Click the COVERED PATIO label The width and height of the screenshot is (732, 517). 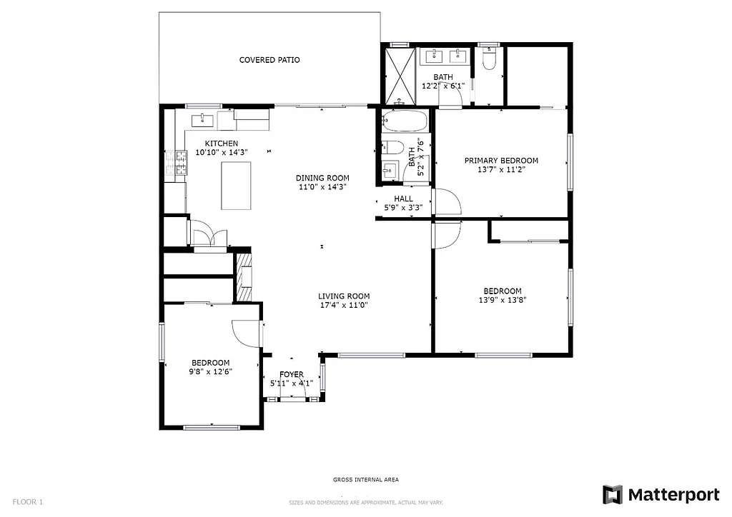269,60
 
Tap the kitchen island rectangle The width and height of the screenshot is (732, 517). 236,185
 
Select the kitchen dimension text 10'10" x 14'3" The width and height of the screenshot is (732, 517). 221,152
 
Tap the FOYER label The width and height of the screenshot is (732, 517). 291,374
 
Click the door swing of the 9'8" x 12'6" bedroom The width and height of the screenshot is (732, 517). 246,333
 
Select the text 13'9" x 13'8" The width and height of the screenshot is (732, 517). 502,301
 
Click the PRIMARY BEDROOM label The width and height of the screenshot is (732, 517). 501,161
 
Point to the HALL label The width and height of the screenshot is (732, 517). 403,199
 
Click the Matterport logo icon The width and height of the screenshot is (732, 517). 613,495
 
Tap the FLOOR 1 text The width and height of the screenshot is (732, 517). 28,502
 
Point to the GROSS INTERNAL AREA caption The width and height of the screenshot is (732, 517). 365,480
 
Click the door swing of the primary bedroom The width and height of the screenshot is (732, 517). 447,202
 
